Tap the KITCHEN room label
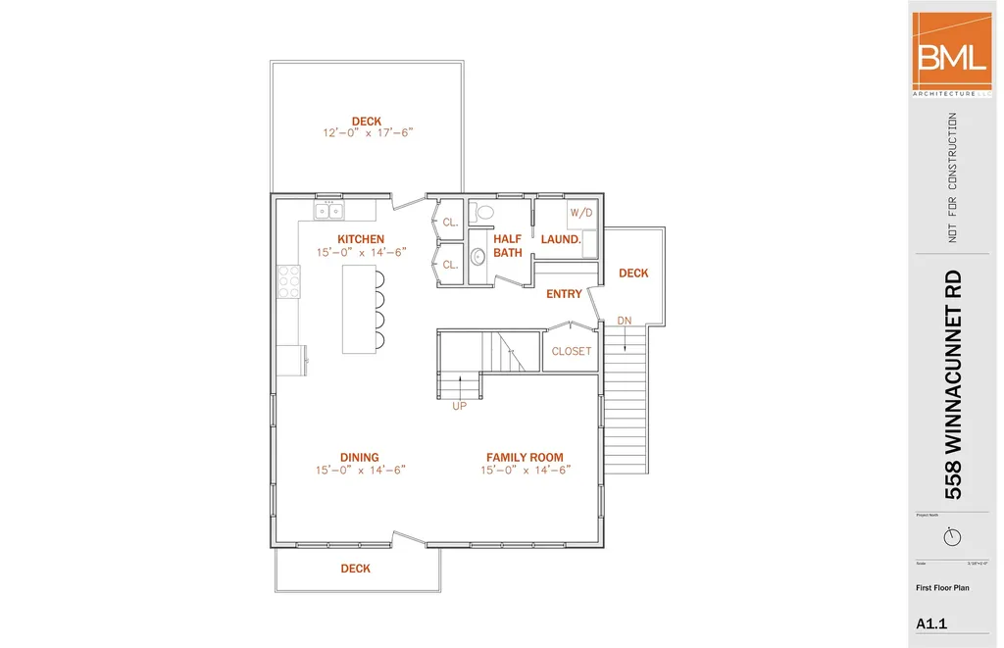(361, 239)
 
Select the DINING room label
(360, 457)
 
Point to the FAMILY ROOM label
(526, 457)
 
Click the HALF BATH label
(508, 245)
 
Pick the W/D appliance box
(581, 213)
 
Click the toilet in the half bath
(483, 212)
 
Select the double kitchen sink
(328, 211)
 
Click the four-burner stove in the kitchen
(289, 281)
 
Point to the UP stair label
(459, 406)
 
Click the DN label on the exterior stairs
(625, 321)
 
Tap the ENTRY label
(564, 294)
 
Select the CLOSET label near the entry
(572, 351)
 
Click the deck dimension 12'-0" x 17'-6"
(367, 133)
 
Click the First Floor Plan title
(942, 588)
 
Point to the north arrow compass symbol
(951, 536)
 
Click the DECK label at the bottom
(356, 569)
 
